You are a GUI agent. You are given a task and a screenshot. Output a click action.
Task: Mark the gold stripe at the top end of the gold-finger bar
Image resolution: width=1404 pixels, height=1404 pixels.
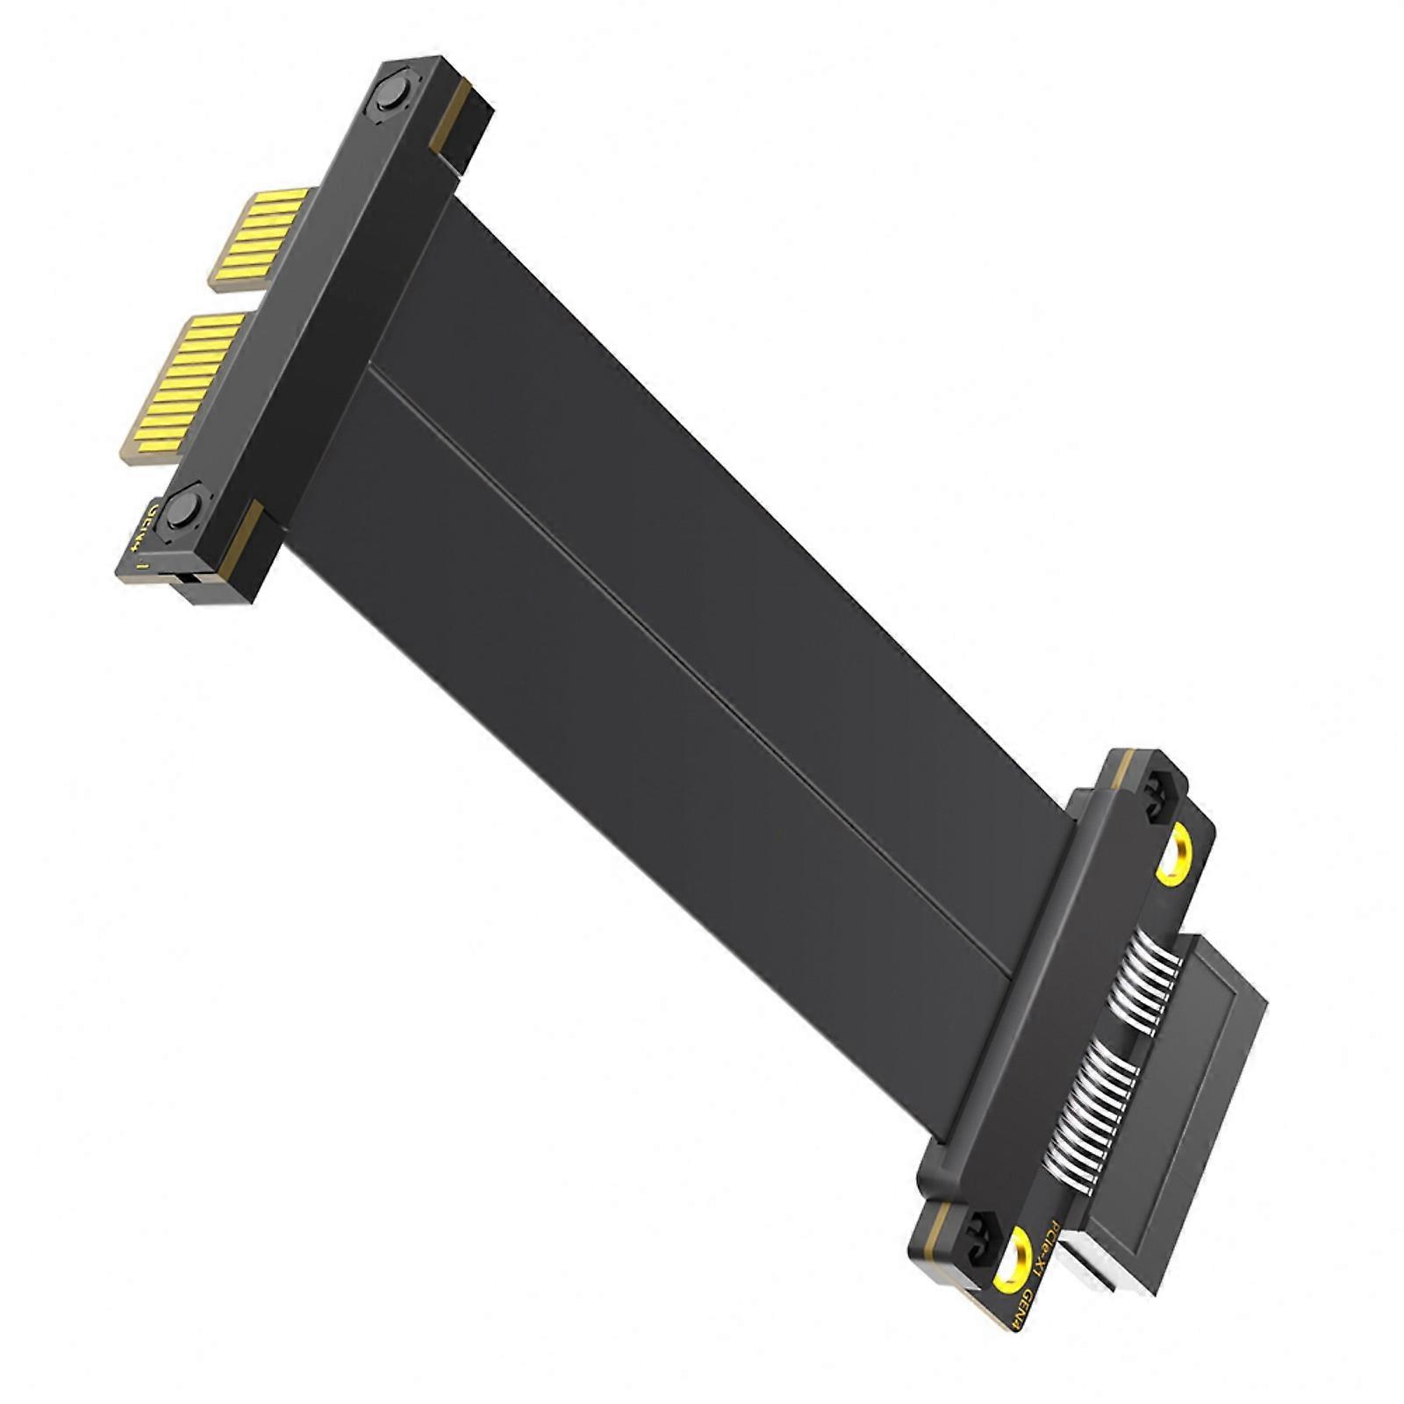pyautogui.click(x=451, y=114)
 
